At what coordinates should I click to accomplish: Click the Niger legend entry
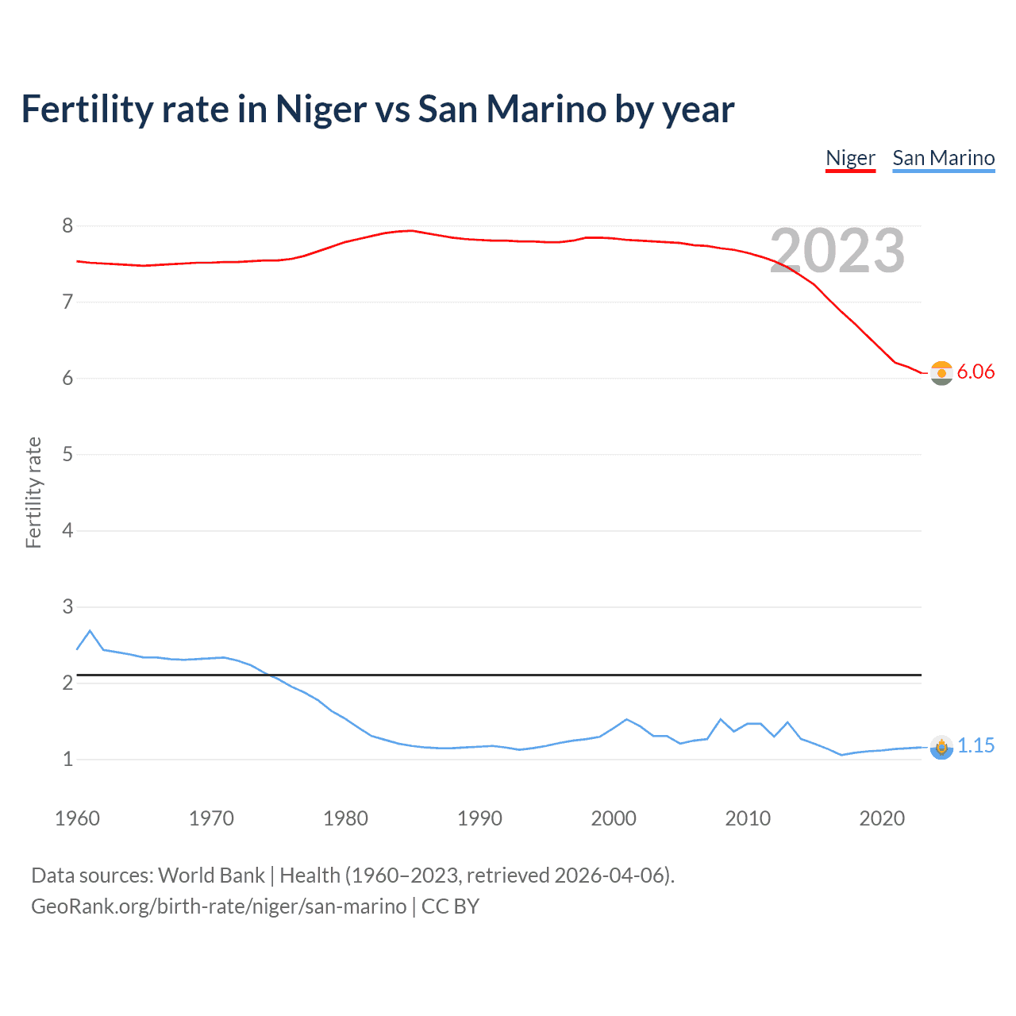click(850, 158)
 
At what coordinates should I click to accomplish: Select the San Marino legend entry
click(943, 158)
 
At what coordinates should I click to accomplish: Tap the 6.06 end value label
click(976, 371)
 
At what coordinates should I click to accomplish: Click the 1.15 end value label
click(976, 745)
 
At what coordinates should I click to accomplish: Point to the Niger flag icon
click(941, 372)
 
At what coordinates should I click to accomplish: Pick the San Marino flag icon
click(941, 747)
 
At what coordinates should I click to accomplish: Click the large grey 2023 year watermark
click(837, 251)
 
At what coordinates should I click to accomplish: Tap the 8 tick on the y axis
click(67, 226)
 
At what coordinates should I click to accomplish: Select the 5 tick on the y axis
click(67, 455)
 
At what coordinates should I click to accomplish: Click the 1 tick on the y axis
click(67, 760)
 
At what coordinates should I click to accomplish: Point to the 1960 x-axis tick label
click(77, 818)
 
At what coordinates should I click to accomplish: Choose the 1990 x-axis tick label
click(479, 818)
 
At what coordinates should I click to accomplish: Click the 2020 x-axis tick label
click(882, 818)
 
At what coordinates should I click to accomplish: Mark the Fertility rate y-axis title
click(33, 492)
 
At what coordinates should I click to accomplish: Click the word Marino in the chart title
click(547, 110)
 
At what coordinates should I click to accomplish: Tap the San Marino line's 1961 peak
click(90, 631)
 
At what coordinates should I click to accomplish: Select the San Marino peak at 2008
click(721, 719)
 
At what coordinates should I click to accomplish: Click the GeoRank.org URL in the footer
click(218, 906)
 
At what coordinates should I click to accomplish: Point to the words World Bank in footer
click(211, 876)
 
